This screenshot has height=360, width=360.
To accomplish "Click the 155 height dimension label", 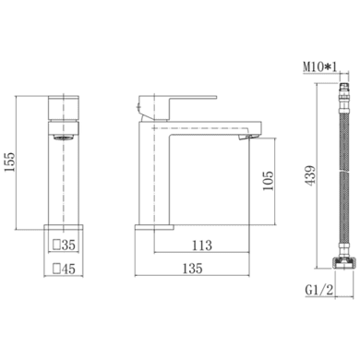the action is click(x=9, y=162).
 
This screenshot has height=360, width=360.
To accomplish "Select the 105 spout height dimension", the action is click(x=268, y=181).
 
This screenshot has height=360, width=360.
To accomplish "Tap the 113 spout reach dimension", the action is click(x=202, y=246).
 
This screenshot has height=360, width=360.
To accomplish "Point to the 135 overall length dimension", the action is click(x=193, y=269).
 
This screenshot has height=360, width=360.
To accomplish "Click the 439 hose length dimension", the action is click(x=310, y=175).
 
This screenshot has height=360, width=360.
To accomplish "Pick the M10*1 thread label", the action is click(x=320, y=66).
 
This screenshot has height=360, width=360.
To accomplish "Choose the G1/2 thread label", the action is click(x=319, y=290).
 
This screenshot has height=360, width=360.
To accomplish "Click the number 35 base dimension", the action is click(x=68, y=245).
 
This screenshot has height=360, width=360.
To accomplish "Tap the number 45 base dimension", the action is click(x=68, y=269).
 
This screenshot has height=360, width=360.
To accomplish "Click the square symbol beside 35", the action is click(x=56, y=245).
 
